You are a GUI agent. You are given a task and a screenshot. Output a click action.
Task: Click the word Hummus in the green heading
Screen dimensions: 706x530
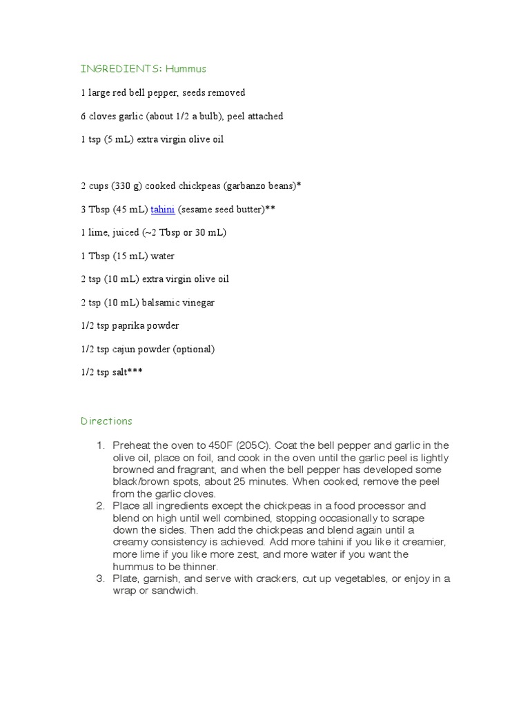click(186, 69)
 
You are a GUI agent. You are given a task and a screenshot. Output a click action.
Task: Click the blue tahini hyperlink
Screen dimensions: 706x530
click(163, 209)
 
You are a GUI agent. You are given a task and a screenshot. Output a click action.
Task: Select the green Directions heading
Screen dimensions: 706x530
click(106, 421)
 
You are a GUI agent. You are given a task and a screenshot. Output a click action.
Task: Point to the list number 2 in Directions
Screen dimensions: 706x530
click(100, 506)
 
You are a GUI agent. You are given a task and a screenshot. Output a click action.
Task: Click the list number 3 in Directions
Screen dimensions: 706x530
click(100, 578)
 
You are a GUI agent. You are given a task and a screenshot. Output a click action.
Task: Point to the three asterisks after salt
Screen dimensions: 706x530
click(135, 372)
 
